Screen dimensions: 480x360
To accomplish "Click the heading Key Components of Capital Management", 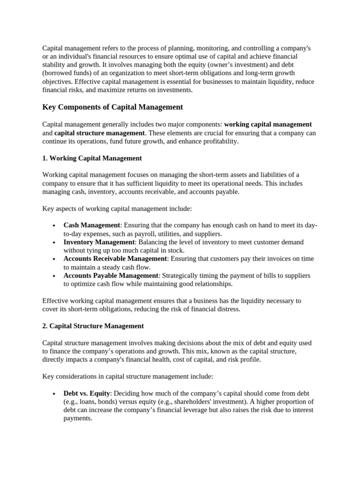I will (112, 107).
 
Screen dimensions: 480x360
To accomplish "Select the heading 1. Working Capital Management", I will (92, 158).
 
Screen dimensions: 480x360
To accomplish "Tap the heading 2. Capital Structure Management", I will (93, 326).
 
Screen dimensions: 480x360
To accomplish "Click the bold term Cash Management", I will (92, 225).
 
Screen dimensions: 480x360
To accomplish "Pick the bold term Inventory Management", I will (99, 242).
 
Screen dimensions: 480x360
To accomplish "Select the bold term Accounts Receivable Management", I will (115, 259).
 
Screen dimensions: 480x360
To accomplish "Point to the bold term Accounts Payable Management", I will (112, 276).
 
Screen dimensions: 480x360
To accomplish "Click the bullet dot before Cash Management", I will (55, 226).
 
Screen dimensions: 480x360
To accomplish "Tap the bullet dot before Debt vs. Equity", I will (55, 394).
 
